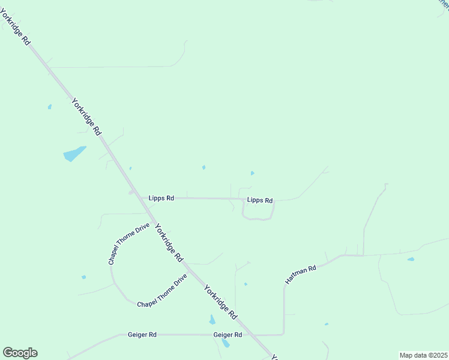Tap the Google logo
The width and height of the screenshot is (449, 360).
coord(20,353)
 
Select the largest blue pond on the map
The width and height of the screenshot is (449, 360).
coord(74,154)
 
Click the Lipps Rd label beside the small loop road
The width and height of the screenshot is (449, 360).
coord(260,200)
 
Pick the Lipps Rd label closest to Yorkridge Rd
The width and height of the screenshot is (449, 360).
coord(161,197)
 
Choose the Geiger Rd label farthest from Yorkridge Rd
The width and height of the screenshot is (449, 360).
coord(142,334)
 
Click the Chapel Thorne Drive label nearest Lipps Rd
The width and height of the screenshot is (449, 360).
coord(128,244)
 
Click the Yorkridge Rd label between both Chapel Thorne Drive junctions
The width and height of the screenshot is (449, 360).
coord(169,242)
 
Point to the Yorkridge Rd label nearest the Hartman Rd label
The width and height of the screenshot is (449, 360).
coord(220,302)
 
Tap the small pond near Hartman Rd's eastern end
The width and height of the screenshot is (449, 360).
coord(411,259)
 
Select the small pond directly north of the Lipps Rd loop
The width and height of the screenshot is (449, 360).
coord(252,173)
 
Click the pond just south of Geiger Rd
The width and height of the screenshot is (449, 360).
coord(225,343)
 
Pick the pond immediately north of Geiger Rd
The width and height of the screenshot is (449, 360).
coord(212,319)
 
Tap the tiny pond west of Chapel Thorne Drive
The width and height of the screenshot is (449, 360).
coord(83,277)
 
